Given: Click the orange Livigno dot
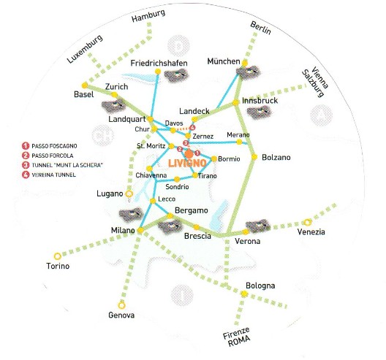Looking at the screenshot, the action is (189, 154).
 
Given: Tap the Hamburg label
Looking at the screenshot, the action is (148, 16).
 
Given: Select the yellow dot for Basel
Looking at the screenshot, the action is (85, 85).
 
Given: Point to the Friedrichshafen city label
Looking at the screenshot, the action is (159, 64).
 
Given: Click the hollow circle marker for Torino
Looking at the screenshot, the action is (57, 256).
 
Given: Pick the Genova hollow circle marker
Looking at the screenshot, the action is (121, 306).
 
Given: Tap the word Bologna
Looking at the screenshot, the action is (260, 286).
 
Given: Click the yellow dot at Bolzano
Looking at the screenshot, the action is (254, 156).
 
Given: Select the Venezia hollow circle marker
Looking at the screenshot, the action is (307, 222).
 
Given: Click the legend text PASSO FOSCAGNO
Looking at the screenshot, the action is (54, 146).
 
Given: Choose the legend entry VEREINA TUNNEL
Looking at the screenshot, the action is (53, 175).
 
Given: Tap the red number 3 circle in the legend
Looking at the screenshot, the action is (26, 165).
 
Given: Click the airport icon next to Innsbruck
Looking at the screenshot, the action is (259, 112).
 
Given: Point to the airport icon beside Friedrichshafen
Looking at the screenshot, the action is (176, 74).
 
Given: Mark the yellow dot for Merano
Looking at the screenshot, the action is (239, 142).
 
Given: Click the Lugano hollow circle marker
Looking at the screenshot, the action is (129, 194).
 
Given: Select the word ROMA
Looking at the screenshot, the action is (239, 340).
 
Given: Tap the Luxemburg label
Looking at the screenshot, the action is (85, 49).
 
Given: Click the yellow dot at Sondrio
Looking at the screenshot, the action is (177, 179).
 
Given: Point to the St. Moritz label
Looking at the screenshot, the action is (151, 146).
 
